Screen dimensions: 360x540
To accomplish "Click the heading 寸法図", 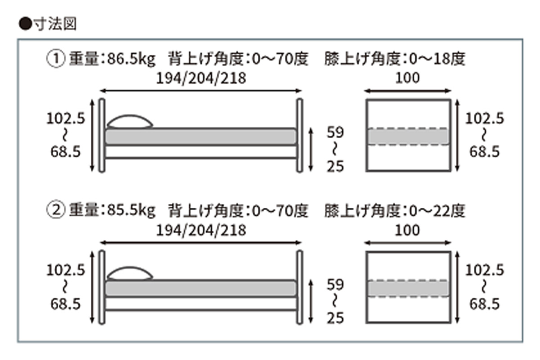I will point(53,24).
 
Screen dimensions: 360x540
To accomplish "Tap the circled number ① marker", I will point(55,59).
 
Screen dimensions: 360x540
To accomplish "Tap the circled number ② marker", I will point(55,210).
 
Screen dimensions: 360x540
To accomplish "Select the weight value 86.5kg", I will point(131,59).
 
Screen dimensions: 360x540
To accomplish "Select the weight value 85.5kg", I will point(131,210).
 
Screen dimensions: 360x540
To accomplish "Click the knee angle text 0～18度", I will point(434,59).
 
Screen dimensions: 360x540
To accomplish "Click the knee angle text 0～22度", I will point(434,210).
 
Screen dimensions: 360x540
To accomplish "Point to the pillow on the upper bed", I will point(130,122).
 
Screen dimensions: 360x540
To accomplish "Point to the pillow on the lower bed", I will point(130,273).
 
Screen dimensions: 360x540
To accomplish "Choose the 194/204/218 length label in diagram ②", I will point(201,230).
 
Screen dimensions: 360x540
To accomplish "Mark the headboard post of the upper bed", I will point(102,135).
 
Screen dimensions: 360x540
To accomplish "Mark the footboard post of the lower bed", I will point(299,287).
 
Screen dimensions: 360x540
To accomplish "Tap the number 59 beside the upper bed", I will point(335,133).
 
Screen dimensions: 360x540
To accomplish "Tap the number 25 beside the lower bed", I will point(335,319).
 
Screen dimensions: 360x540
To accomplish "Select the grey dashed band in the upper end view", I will point(408,137).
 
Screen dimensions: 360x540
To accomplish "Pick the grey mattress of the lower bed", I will point(201,288).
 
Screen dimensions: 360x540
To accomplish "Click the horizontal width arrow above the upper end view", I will point(408,91).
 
